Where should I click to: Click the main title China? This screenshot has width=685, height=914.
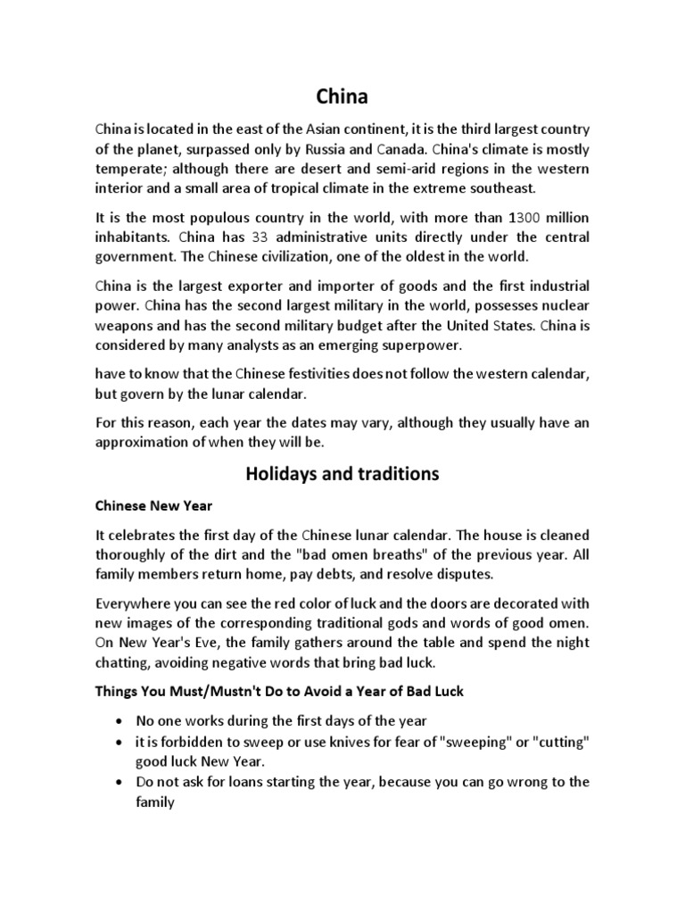point(342,96)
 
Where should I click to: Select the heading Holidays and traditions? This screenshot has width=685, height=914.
point(342,474)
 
